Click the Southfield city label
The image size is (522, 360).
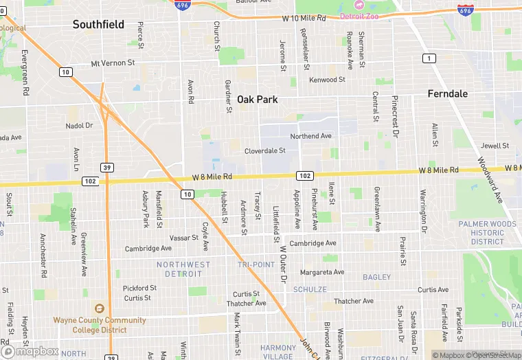click(99, 25)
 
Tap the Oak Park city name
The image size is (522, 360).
click(258, 100)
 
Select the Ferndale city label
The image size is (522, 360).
click(447, 93)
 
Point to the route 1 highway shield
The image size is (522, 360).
click(429, 58)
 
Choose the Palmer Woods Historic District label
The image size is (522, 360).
click(488, 233)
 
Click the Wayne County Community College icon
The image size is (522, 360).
click(100, 309)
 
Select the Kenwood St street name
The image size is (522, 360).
click(327, 80)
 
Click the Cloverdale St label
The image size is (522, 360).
click(265, 150)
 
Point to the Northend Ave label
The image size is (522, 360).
click(310, 136)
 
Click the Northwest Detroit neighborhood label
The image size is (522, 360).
click(183, 269)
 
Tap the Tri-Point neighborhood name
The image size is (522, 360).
click(256, 265)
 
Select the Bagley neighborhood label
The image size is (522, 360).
click(376, 278)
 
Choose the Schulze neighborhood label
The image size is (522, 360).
click(310, 290)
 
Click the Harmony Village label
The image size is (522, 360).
click(278, 352)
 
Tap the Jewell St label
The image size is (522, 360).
click(495, 146)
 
